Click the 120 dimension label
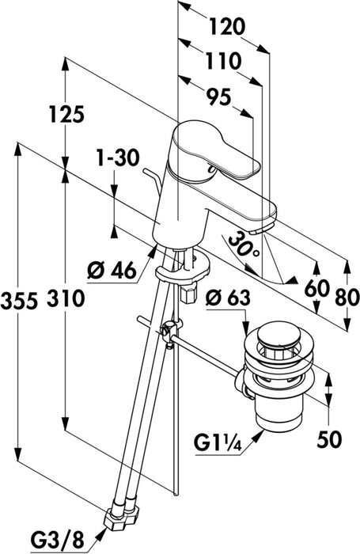[x=227, y=26]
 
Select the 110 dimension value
[x=223, y=61]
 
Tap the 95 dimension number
[x=218, y=97]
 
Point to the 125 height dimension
[x=66, y=114]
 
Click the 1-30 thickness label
[x=118, y=158]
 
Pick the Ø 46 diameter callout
[x=112, y=271]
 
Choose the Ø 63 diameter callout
[x=228, y=298]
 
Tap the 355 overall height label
[x=19, y=301]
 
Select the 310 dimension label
[x=66, y=298]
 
